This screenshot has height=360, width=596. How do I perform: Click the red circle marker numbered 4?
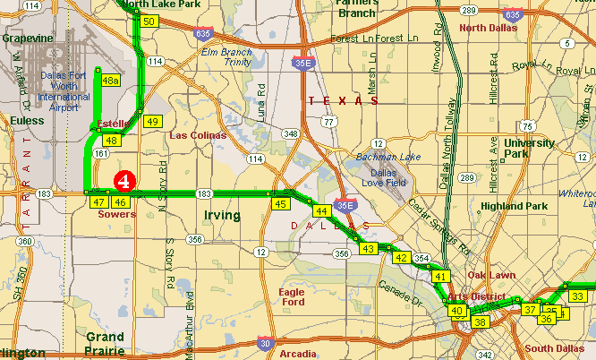coord(125,179)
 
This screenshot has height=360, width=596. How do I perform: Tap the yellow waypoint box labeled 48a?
coord(110,81)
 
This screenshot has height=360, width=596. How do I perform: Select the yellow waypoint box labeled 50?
coord(149,21)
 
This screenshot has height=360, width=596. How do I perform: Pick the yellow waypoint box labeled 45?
coord(280,204)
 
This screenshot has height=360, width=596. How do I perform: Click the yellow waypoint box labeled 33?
coord(578,296)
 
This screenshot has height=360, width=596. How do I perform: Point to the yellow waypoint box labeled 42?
coord(401,258)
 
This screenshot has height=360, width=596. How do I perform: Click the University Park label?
coord(529,149)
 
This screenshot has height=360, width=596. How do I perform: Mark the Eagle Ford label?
coord(292,297)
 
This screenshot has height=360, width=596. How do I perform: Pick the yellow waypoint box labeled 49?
coord(152,122)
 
